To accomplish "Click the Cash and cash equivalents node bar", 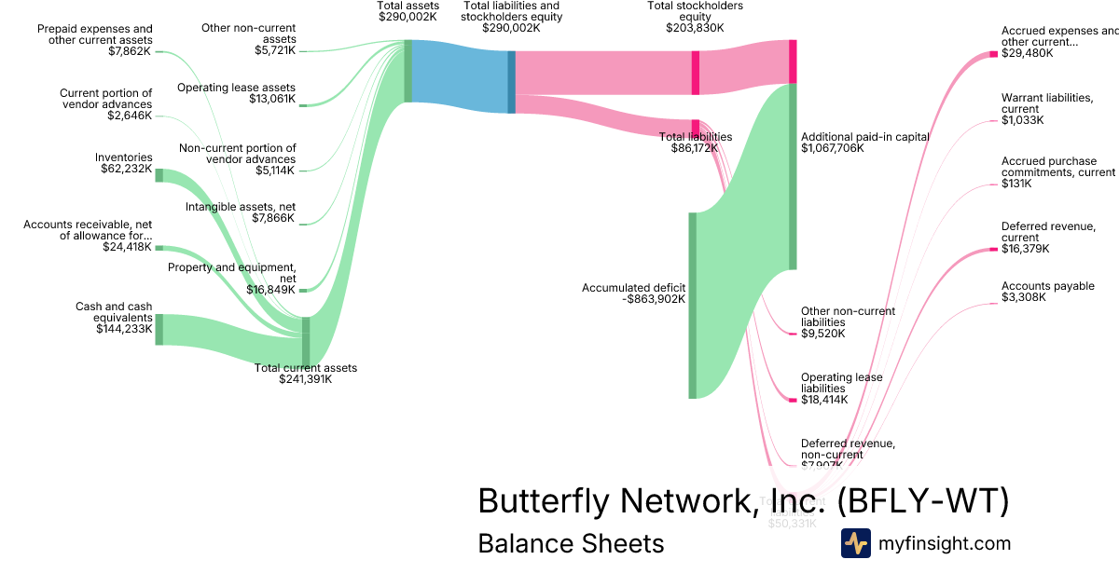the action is pyautogui.click(x=159, y=330).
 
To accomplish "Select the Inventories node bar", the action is pyautogui.click(x=159, y=175).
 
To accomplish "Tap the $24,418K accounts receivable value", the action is pyautogui.click(x=127, y=247).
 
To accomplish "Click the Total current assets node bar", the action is pyautogui.click(x=306, y=342).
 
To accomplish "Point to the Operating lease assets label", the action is pyautogui.click(x=237, y=88).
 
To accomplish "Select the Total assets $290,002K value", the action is pyautogui.click(x=401, y=17).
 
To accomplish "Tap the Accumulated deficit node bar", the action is pyautogui.click(x=692, y=306).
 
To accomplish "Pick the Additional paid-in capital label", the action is pyautogui.click(x=865, y=136).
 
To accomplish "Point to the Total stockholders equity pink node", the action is pyautogui.click(x=696, y=73).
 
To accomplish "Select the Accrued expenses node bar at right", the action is pyautogui.click(x=994, y=54).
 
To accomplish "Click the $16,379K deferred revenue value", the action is pyautogui.click(x=1025, y=249).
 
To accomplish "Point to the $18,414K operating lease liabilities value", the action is pyautogui.click(x=824, y=400).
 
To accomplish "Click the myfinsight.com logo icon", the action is pyautogui.click(x=856, y=543).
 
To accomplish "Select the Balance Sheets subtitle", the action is pyautogui.click(x=571, y=543).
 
